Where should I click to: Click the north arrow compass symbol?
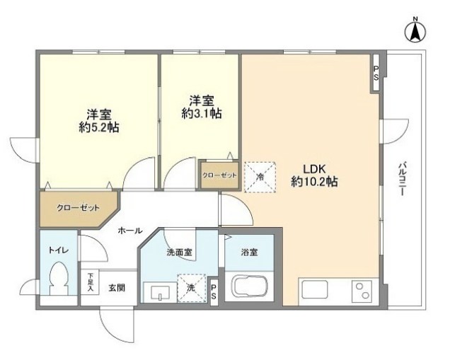[415, 31]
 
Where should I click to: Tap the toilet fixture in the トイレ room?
[59, 278]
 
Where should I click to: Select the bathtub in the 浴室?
[249, 287]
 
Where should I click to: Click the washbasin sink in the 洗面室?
[160, 291]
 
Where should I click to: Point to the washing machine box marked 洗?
[192, 288]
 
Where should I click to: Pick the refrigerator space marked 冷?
[260, 177]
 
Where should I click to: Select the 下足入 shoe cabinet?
[90, 282]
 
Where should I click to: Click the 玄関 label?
[117, 287]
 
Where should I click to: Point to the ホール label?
[130, 231]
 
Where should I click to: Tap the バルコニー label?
[403, 179]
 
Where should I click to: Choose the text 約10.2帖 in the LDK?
[314, 182]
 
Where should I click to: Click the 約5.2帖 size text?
[99, 127]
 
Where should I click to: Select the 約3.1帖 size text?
[201, 114]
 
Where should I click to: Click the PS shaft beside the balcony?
[376, 73]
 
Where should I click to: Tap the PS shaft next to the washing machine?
[214, 292]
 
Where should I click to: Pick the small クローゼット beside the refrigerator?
[219, 175]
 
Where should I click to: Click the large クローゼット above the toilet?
[78, 208]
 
